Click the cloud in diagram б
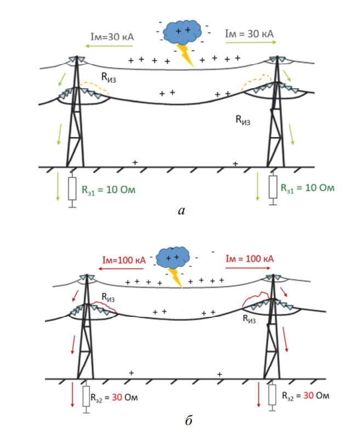point(173,256)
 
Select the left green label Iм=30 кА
point(112,36)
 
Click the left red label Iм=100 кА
point(123,259)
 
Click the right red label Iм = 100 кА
point(249,258)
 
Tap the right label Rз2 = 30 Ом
point(306,395)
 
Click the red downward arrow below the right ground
point(259,395)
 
